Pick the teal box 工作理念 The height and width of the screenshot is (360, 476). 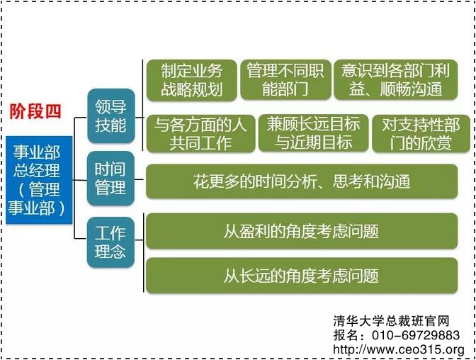pos(110,242)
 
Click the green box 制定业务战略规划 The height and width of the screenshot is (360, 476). pos(191,80)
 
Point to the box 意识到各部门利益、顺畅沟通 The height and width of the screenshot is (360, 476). pos(396,80)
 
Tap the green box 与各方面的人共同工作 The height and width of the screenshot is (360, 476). pos(200,133)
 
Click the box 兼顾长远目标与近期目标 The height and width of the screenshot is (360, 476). pos(312,133)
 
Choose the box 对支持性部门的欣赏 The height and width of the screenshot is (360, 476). pos(420,133)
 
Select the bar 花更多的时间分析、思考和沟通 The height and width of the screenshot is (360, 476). pos(301,181)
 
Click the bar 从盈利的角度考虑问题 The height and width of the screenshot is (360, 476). pos(301,231)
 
